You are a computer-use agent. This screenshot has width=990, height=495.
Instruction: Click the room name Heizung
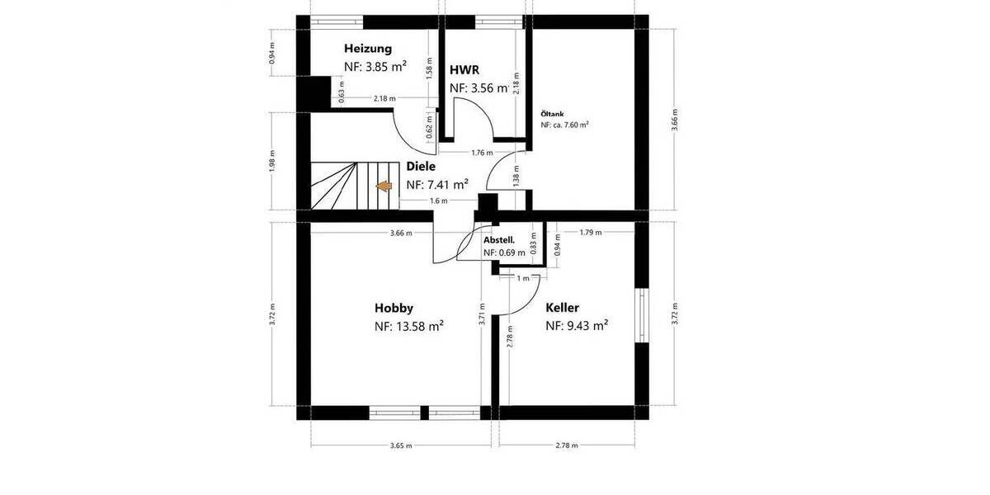pyautogui.click(x=368, y=49)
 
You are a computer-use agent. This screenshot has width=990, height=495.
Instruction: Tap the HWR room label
pyautogui.click(x=464, y=69)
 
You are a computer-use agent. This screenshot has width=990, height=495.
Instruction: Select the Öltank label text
pyautogui.click(x=552, y=113)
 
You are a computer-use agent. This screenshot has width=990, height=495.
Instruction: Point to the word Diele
pyautogui.click(x=421, y=166)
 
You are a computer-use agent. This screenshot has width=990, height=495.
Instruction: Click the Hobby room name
pyautogui.click(x=394, y=308)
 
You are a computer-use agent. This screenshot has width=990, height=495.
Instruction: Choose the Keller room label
pyautogui.click(x=562, y=308)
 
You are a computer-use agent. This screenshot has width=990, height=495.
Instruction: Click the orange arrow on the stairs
pyautogui.click(x=384, y=186)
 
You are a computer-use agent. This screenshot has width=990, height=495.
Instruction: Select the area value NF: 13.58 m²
pyautogui.click(x=409, y=327)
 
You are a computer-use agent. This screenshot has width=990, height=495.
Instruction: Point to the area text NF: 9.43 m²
pyautogui.click(x=577, y=327)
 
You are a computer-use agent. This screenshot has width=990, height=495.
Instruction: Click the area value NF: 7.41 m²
pyautogui.click(x=437, y=184)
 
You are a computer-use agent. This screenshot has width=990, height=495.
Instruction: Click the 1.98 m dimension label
pyautogui.click(x=272, y=161)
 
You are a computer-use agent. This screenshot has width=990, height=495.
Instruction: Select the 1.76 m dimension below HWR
pyautogui.click(x=482, y=153)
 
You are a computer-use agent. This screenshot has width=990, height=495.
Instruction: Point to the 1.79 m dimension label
pyautogui.click(x=591, y=233)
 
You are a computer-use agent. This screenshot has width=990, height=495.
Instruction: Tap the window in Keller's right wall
pyautogui.click(x=641, y=314)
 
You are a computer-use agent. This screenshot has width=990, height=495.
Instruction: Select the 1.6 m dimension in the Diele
pyautogui.click(x=438, y=200)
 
